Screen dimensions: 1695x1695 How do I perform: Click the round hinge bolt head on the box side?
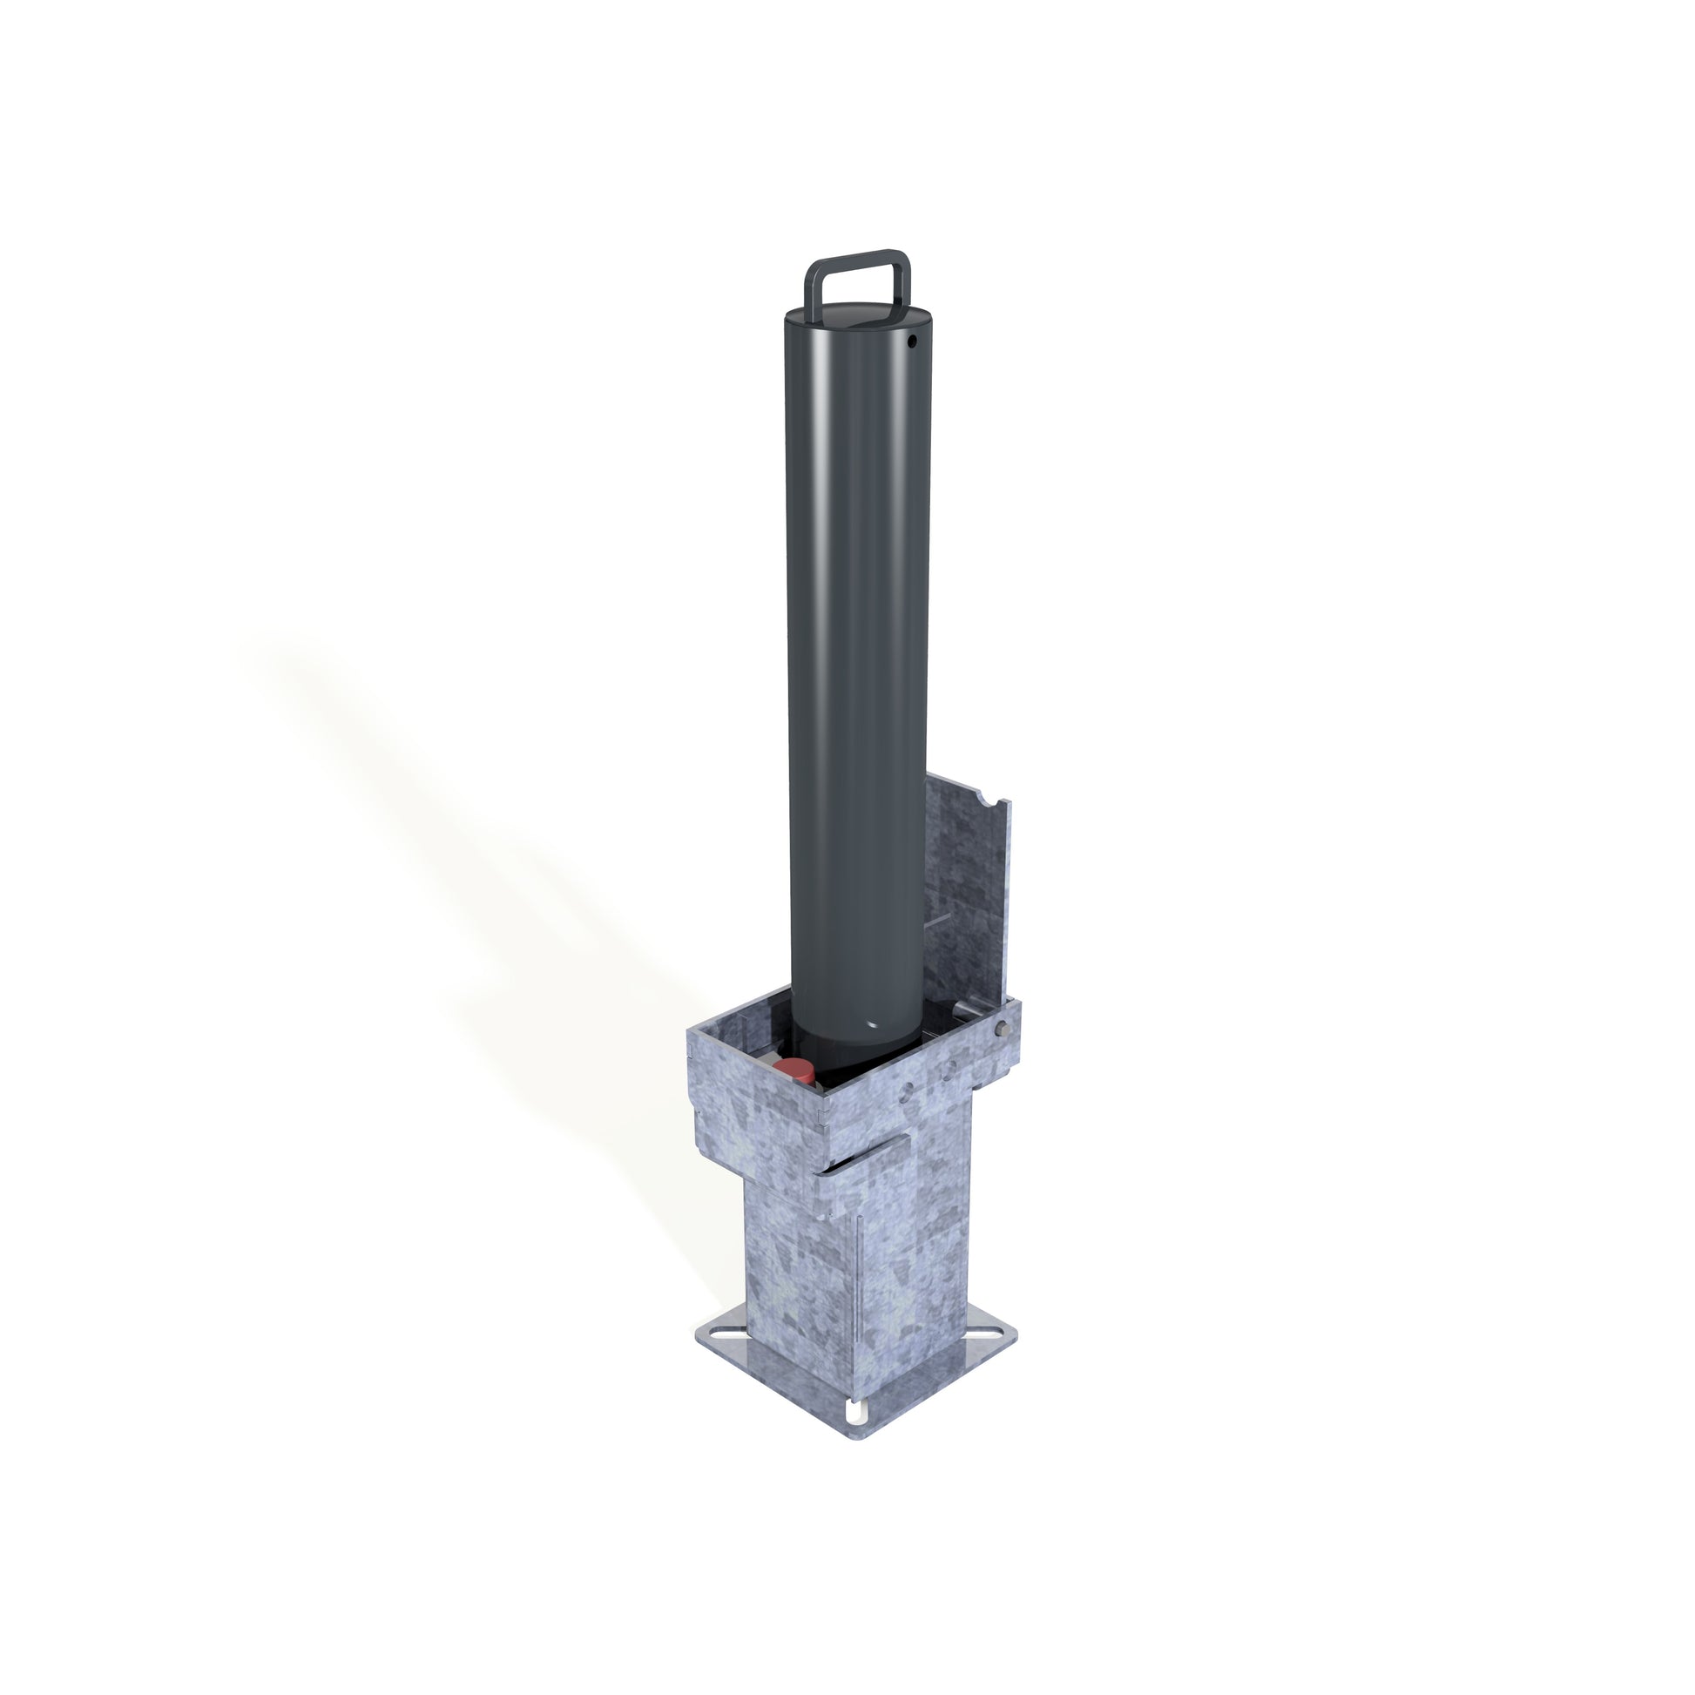click(1003, 1030)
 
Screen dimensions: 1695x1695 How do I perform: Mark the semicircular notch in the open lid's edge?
click(990, 802)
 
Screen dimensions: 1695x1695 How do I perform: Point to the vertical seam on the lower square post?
click(861, 1273)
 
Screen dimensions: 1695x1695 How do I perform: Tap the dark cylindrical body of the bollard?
click(855, 658)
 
